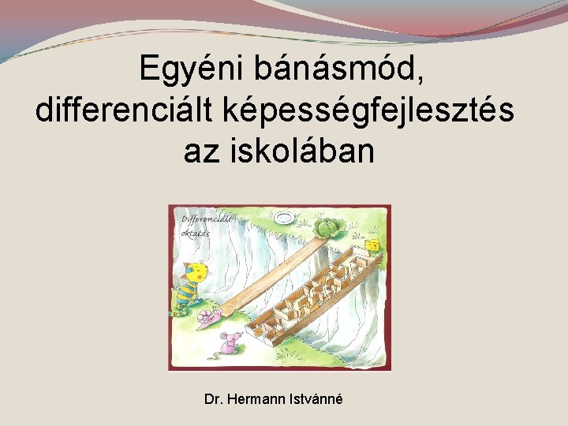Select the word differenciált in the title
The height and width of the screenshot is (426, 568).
point(126,110)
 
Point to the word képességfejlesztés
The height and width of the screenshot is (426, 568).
point(370,110)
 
